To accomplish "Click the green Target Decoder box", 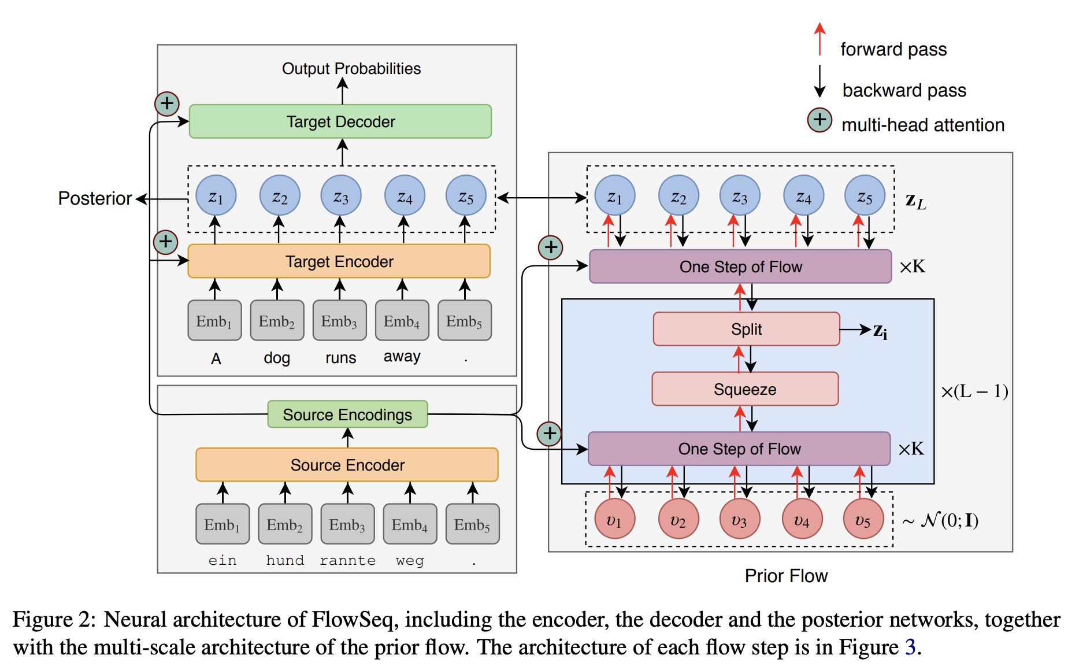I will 340,121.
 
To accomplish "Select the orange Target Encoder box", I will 339,261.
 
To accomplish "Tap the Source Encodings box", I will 347,415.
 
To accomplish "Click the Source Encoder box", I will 347,465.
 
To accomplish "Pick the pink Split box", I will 746,329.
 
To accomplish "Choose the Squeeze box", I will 745,389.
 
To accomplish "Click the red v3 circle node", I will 739,520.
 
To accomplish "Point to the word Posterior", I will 95,198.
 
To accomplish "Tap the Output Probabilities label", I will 351,69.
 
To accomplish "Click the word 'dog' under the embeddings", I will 277,358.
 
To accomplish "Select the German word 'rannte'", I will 347,560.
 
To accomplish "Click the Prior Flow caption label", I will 786,576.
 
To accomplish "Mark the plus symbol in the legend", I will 819,120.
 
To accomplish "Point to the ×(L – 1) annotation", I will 974,391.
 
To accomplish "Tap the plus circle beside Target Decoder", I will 167,104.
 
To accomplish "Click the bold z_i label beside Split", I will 880,331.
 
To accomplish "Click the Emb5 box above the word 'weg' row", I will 472,524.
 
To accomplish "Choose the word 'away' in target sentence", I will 402,357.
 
